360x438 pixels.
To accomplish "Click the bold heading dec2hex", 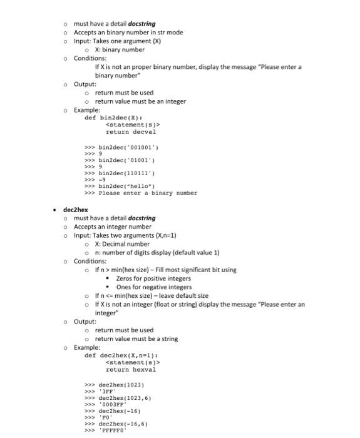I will (74, 210).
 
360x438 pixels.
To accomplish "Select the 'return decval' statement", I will (131, 132).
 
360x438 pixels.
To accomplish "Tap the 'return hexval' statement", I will (131, 370).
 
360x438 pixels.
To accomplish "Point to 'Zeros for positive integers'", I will (153, 278).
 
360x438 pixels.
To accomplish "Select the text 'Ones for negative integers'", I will (154, 287).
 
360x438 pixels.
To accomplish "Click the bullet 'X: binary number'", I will (119, 49).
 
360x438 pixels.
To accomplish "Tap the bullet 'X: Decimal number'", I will (122, 244).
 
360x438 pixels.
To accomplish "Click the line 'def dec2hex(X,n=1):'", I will (120, 355).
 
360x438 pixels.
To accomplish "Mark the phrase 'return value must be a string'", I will (136, 339).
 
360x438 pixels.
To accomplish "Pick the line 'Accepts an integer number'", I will (113, 227).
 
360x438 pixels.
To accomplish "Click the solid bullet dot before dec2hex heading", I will (55, 210).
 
